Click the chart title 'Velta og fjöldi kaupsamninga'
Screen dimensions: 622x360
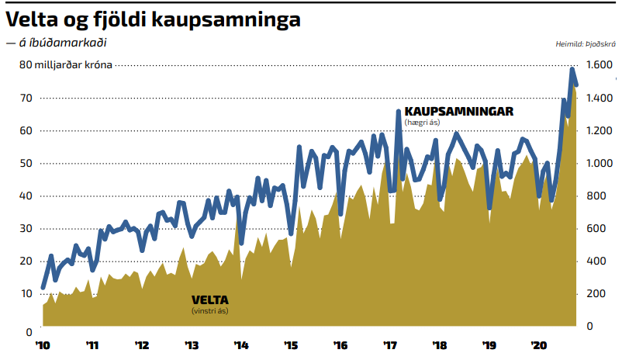153,20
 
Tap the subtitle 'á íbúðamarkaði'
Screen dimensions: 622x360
63,43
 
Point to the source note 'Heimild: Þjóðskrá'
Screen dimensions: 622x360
586,44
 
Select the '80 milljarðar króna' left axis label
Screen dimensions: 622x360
66,64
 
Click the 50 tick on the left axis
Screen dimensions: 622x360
26,163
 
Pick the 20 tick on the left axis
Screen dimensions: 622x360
26,261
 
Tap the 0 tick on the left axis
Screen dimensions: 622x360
29,332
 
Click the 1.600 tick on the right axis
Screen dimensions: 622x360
600,64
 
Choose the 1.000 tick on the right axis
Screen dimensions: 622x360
600,163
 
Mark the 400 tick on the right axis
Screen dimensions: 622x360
596,261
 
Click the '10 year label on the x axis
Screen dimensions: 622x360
43,346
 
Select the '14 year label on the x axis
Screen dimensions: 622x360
241,346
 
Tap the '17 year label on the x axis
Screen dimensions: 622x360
390,346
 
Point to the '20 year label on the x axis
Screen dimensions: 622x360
539,346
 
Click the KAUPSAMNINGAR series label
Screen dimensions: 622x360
459,112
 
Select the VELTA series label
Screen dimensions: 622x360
210,300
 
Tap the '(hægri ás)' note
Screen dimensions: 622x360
422,123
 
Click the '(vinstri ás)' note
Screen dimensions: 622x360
210,311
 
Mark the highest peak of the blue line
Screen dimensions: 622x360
572,69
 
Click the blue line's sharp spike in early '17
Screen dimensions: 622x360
399,112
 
